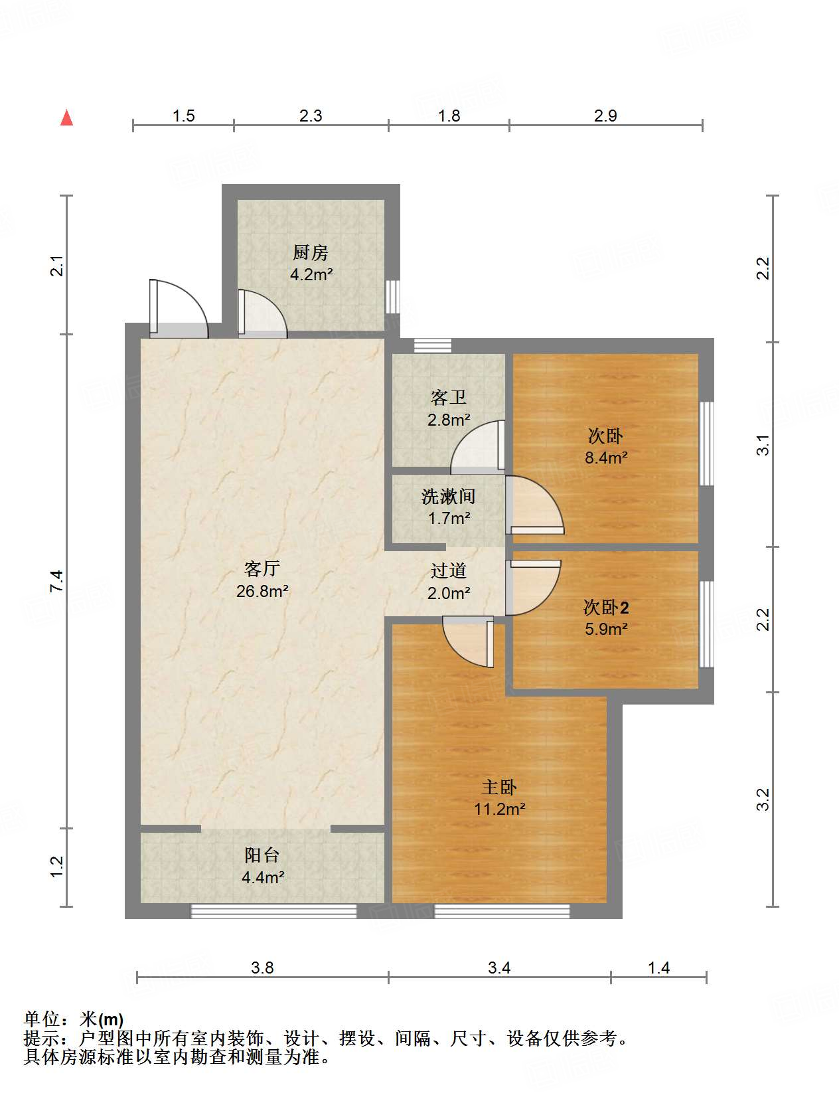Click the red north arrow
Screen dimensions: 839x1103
[x=67, y=118]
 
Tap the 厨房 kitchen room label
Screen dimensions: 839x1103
[x=310, y=253]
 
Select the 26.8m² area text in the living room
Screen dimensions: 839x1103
[x=262, y=591]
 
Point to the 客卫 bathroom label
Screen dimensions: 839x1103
[x=448, y=398]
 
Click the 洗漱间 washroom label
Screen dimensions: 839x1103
[x=448, y=497]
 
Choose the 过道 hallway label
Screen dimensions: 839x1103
[x=448, y=571]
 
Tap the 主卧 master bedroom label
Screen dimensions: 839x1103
[x=499, y=787]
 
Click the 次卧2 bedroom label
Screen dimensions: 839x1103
[x=606, y=608]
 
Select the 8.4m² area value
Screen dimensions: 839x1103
[x=606, y=458]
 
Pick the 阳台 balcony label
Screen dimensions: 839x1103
[x=262, y=855]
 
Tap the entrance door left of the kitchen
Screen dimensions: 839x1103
[x=179, y=309]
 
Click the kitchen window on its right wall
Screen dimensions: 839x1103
[x=393, y=297]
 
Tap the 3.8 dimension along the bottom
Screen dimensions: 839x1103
[x=262, y=968]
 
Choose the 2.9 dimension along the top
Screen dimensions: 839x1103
[x=605, y=116]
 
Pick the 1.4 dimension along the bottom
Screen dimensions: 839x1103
[x=658, y=968]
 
